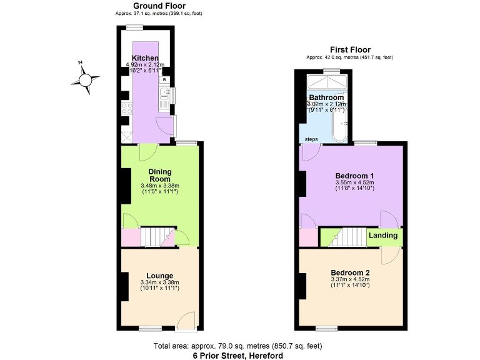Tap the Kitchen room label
(x=140, y=58)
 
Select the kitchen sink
(x=165, y=95)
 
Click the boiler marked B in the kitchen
(x=164, y=80)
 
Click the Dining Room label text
(x=160, y=175)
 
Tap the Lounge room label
(x=160, y=276)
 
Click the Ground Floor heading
(x=159, y=6)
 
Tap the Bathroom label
(x=326, y=98)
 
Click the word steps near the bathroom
(x=311, y=139)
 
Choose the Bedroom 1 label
(x=354, y=176)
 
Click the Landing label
(x=383, y=236)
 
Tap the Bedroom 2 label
(x=350, y=272)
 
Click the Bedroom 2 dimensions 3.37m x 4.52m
(x=350, y=279)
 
